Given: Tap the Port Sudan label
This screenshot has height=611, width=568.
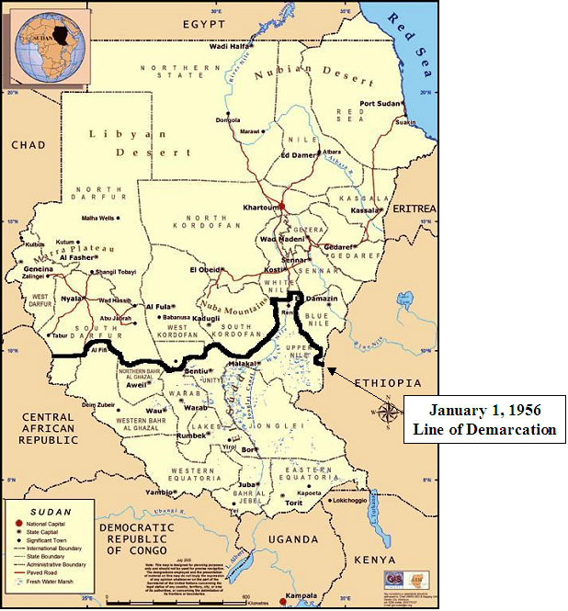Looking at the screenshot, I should pos(380,103).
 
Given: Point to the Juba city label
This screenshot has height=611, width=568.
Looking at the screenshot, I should pos(245,483).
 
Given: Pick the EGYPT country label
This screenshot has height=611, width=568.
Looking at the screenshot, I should pos(204,22).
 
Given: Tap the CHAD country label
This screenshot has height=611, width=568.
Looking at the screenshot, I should pos(28,145).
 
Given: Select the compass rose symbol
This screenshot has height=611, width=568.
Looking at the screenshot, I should pos(390,410).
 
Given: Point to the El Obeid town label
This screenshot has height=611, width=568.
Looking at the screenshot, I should pos(206,269).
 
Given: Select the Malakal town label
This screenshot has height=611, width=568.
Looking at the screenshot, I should pos(241,364).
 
